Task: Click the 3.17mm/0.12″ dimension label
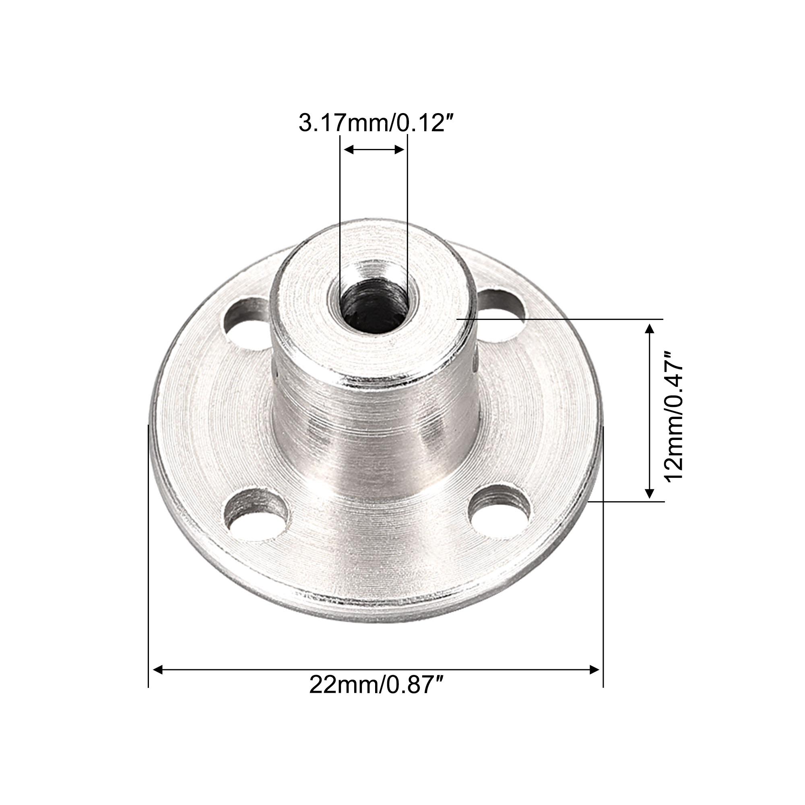pos(375,124)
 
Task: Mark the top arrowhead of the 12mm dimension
pos(649,329)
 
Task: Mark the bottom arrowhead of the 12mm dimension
pos(649,494)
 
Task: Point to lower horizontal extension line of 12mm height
pos(625,502)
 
